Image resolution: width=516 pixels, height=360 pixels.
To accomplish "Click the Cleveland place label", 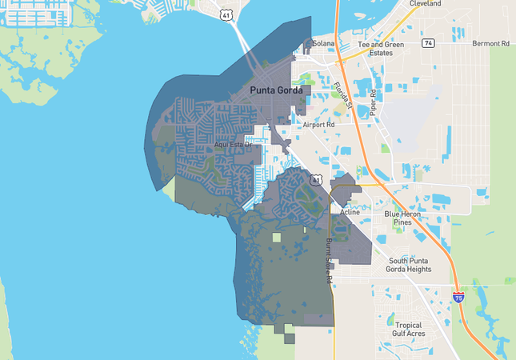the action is [425, 4].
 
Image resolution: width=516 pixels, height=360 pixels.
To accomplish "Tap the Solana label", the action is [323, 43].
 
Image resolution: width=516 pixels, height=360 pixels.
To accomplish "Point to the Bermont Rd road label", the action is [490, 43].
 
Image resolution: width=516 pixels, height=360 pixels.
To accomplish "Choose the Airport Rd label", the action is [318, 126].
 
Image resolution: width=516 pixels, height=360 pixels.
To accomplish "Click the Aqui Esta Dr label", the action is [233, 145].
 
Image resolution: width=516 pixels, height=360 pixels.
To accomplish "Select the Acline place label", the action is [350, 213].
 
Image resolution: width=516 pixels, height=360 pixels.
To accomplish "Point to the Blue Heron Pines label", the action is [409, 218].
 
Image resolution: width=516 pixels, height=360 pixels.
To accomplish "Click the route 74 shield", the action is [429, 43].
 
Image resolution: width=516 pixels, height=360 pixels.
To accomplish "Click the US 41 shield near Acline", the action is [317, 181].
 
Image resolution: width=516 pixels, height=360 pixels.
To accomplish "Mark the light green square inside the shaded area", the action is [277, 238].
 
